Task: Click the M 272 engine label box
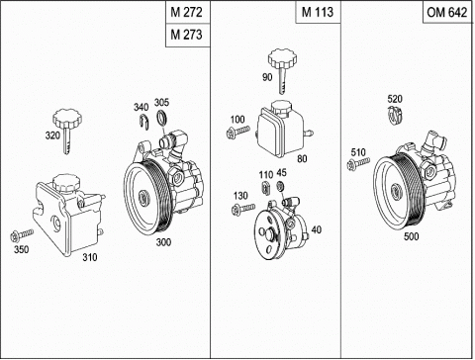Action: [x=187, y=12]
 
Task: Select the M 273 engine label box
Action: [x=187, y=35]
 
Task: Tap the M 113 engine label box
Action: [x=318, y=12]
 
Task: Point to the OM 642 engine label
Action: [x=447, y=12]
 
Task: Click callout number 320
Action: [x=52, y=135]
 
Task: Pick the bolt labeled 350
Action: [x=22, y=235]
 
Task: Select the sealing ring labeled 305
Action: [x=161, y=118]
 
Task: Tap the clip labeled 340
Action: [x=144, y=121]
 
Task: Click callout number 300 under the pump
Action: [x=163, y=242]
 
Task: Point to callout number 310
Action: [x=90, y=257]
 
